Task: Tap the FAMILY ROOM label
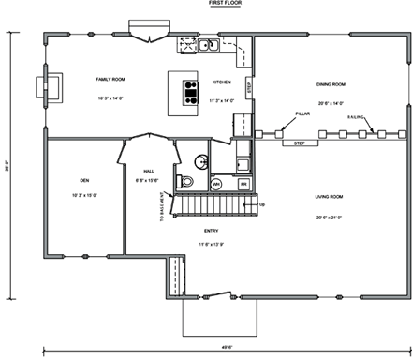(110, 81)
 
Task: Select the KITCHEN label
(222, 82)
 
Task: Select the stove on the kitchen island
(191, 90)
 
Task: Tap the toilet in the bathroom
(186, 181)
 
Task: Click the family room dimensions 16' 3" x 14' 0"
(110, 97)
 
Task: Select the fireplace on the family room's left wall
(43, 86)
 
